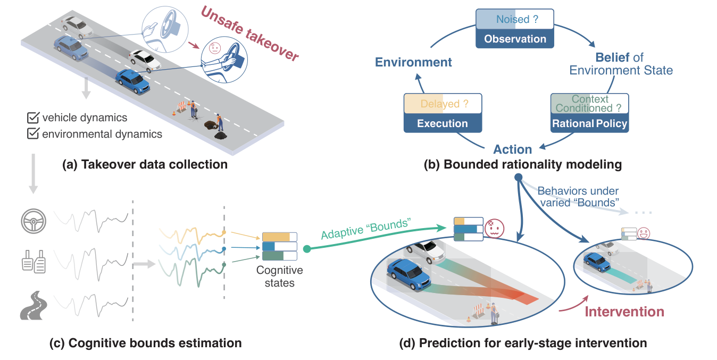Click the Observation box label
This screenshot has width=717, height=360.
(x=515, y=39)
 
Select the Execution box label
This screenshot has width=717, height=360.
(x=443, y=123)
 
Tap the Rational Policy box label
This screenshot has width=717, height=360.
(x=589, y=123)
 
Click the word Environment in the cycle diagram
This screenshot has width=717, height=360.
(x=413, y=62)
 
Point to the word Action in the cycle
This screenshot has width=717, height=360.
(x=512, y=149)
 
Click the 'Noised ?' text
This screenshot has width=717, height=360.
(x=517, y=19)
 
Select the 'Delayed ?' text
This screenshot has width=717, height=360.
(x=444, y=104)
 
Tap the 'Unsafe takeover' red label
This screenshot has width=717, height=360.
(x=249, y=34)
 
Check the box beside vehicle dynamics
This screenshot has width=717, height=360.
(x=34, y=118)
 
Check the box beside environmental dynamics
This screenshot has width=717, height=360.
(x=34, y=133)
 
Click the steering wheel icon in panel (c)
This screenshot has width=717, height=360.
(x=34, y=221)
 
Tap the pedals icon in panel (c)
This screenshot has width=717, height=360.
(x=34, y=262)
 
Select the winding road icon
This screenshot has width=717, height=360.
(x=34, y=305)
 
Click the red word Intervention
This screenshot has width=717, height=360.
(x=624, y=312)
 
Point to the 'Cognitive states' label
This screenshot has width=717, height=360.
(x=279, y=277)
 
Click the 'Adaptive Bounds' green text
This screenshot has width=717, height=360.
(x=366, y=229)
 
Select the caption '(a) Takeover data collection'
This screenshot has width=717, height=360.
(x=145, y=164)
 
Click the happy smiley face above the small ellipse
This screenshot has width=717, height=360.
(x=644, y=233)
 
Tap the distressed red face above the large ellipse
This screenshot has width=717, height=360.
(x=495, y=229)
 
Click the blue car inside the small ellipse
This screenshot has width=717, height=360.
(x=597, y=262)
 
